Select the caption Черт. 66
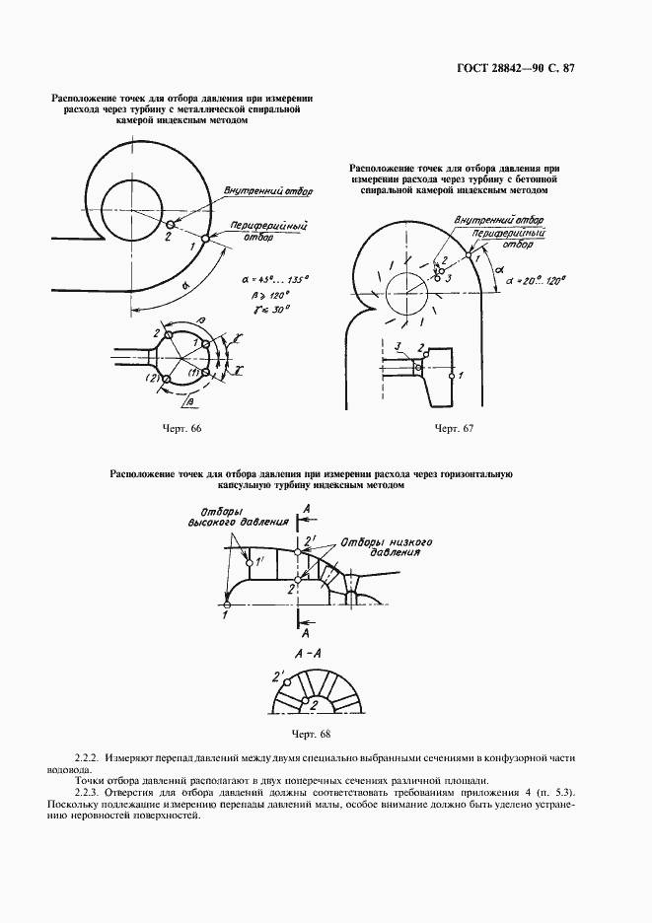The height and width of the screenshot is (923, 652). point(181,428)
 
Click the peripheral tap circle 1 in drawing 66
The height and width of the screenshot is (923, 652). point(204,237)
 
